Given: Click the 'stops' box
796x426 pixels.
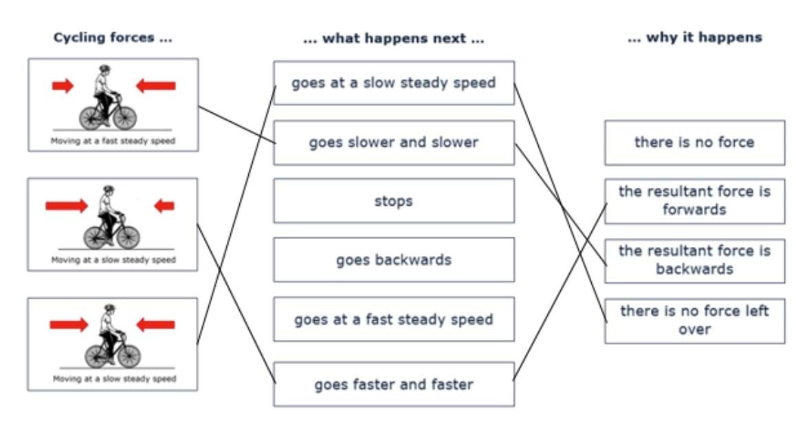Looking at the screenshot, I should [393, 201].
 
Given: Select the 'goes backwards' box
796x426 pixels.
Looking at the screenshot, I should [393, 260].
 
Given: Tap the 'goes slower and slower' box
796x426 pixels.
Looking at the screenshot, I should [393, 142].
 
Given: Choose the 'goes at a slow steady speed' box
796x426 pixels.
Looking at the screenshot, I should [393, 83].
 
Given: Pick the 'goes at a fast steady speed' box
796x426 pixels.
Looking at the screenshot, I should [393, 319].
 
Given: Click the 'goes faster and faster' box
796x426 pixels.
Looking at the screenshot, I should [393, 384].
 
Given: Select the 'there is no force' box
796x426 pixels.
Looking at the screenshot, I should [694, 142].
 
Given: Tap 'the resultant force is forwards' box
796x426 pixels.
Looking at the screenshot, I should [694, 200].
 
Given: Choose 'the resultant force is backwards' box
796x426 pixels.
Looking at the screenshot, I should [694, 259].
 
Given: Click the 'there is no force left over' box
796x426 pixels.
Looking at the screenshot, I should [694, 320].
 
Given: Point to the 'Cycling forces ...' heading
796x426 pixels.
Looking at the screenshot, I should [113, 38].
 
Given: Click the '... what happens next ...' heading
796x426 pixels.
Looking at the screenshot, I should [393, 39].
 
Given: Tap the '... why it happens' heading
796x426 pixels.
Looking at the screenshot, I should [694, 38].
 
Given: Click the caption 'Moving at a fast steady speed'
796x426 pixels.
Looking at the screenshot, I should [113, 142].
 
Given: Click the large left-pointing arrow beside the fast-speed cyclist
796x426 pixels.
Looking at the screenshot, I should [155, 85].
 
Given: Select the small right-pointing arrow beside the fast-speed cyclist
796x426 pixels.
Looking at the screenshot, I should [63, 85].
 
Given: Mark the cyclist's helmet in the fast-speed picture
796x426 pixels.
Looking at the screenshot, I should [104, 70].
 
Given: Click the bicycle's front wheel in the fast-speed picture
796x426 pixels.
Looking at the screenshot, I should [124, 117].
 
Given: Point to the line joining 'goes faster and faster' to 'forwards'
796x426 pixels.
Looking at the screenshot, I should [560, 292].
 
